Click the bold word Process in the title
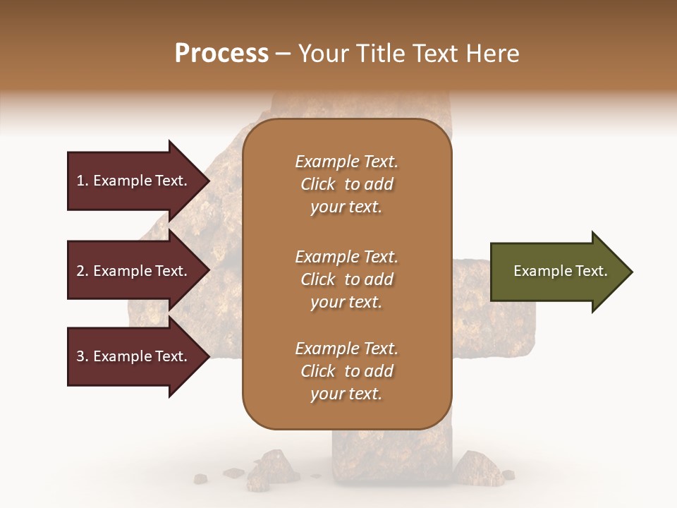click(x=221, y=54)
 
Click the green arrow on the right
click(x=557, y=272)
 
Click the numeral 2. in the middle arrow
click(x=82, y=271)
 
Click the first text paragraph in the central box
click(x=346, y=184)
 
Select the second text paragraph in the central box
click(x=346, y=279)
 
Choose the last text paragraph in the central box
click(x=346, y=371)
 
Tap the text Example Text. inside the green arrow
click(x=560, y=271)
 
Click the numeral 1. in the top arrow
click(x=82, y=181)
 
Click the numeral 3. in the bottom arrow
click(x=82, y=356)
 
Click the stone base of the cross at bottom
click(x=391, y=459)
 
